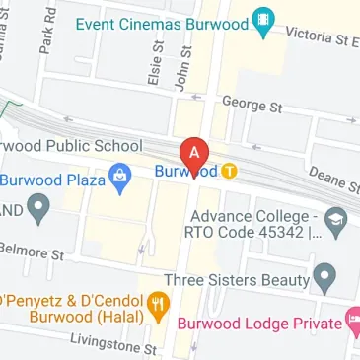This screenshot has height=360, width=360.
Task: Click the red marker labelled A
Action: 195,153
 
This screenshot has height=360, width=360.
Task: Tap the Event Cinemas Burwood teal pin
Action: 261,23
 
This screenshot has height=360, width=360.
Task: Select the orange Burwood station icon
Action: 229,171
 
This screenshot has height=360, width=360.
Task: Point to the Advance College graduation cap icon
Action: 334,218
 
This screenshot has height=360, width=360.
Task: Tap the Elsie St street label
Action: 152,70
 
